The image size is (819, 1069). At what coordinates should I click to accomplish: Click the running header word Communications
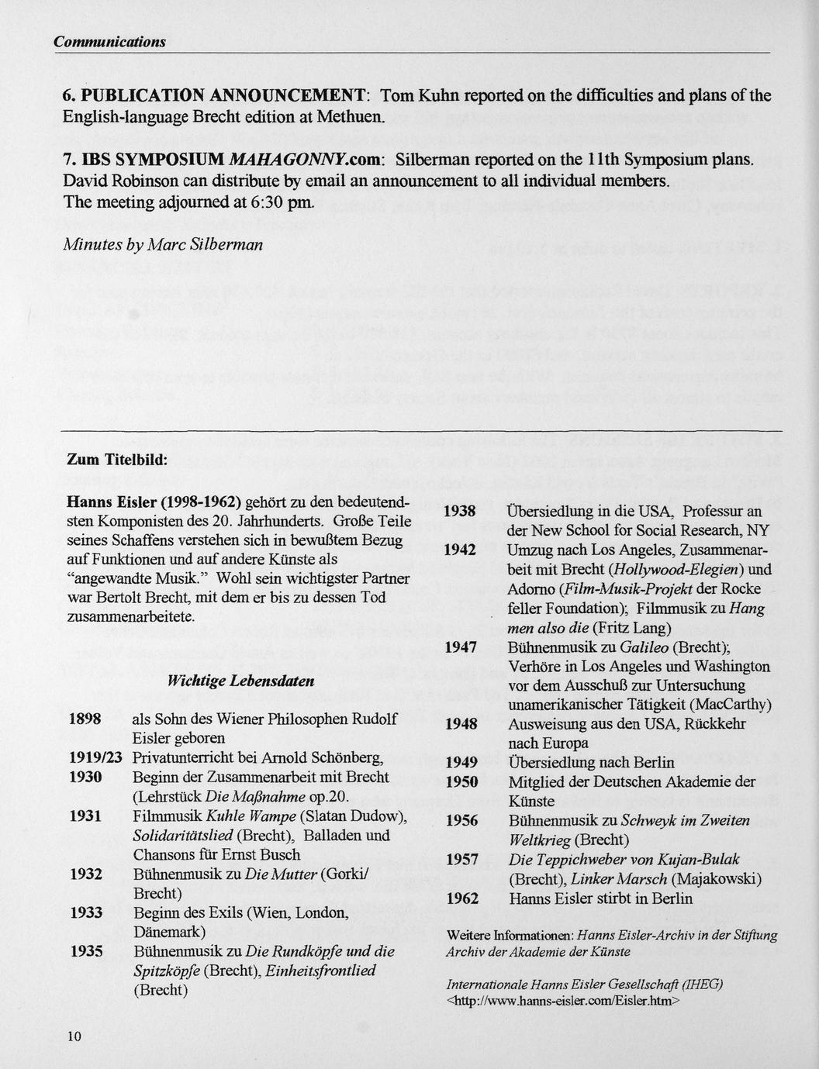[109, 41]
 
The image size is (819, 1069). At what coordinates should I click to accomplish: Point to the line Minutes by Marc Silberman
[162, 244]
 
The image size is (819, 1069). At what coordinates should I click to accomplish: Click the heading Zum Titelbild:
[117, 460]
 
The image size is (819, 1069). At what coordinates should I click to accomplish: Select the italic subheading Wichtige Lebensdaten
[241, 681]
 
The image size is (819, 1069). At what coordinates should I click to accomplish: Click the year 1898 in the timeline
[85, 719]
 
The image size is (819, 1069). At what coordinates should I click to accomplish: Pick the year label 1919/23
[95, 757]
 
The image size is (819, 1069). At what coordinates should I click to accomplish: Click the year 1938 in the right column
[459, 512]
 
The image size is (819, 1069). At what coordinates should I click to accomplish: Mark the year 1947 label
[459, 647]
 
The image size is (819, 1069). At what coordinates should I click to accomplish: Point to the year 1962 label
[462, 898]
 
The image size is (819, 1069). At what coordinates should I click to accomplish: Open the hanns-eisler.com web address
[563, 1001]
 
